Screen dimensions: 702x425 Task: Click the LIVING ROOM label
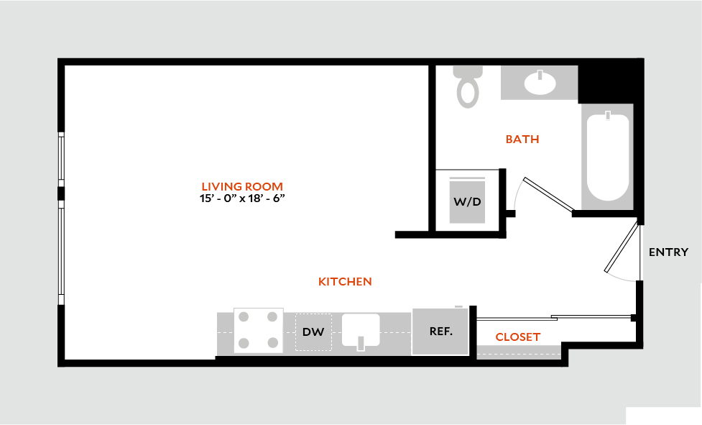(x=241, y=186)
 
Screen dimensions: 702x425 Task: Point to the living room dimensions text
(x=242, y=198)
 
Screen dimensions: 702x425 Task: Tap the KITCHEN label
(x=345, y=282)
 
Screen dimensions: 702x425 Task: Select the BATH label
(x=522, y=140)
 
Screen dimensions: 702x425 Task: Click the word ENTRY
(x=668, y=252)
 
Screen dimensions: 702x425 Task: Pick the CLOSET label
(x=518, y=337)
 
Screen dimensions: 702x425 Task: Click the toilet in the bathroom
(x=468, y=86)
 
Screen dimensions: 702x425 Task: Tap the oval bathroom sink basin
(x=540, y=83)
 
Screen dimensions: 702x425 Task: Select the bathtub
(x=608, y=157)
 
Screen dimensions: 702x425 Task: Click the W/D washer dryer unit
(x=468, y=200)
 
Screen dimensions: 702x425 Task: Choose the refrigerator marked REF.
(x=440, y=332)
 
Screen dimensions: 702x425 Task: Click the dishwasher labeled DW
(x=313, y=332)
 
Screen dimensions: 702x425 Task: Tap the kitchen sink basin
(x=361, y=329)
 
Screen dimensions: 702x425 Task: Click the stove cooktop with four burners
(x=259, y=330)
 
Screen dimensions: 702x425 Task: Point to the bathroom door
(x=549, y=194)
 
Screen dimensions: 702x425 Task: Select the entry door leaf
(x=621, y=247)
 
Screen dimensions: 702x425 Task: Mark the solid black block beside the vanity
(x=611, y=84)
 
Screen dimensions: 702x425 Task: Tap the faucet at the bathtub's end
(x=608, y=116)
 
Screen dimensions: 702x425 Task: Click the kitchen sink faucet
(x=361, y=343)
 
